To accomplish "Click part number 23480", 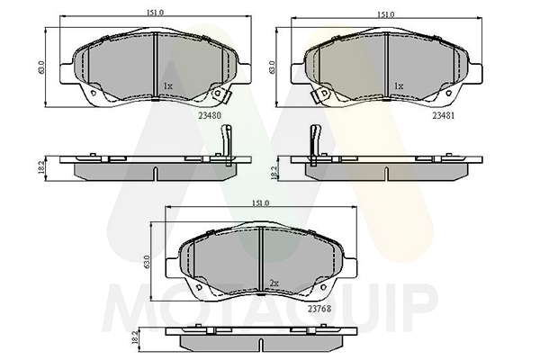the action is (x=210, y=115).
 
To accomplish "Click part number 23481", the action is (x=444, y=116).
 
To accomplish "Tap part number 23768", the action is (x=319, y=309).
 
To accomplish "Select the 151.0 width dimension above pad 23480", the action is (x=155, y=13).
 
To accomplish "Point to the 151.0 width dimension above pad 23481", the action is (x=385, y=14).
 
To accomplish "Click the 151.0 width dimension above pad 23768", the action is (x=261, y=203).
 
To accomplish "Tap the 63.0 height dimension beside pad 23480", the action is (x=41, y=67).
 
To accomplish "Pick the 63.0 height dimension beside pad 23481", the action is (x=272, y=67).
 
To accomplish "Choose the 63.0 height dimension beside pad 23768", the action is (x=148, y=262).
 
